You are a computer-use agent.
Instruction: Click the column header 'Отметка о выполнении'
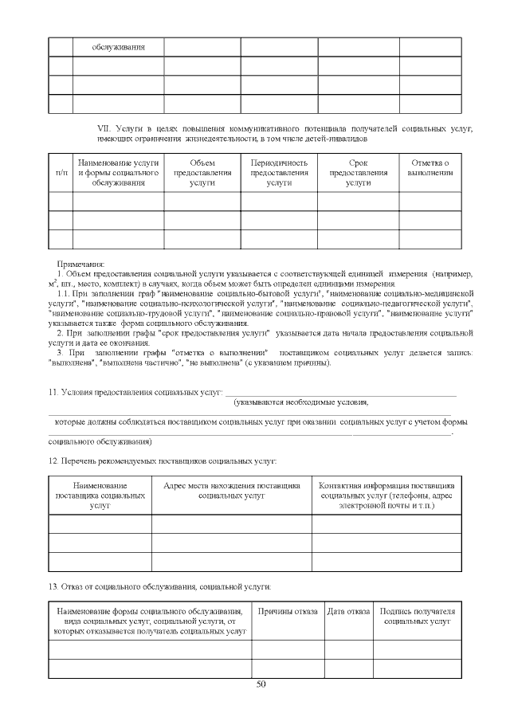(x=430, y=167)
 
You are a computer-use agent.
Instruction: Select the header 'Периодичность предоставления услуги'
(x=279, y=172)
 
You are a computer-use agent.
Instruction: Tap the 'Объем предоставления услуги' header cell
(x=202, y=172)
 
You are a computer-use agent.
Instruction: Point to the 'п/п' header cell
(x=61, y=172)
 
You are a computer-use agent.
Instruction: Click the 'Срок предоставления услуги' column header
(x=358, y=172)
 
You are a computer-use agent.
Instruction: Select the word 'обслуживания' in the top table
(x=118, y=46)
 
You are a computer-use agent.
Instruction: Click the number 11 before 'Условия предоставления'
(x=53, y=392)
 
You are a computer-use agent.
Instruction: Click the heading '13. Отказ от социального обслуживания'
(x=160, y=586)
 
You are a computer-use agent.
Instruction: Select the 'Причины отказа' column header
(x=288, y=611)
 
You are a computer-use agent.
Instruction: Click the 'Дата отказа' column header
(x=348, y=611)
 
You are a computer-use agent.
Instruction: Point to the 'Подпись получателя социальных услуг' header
(x=417, y=615)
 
